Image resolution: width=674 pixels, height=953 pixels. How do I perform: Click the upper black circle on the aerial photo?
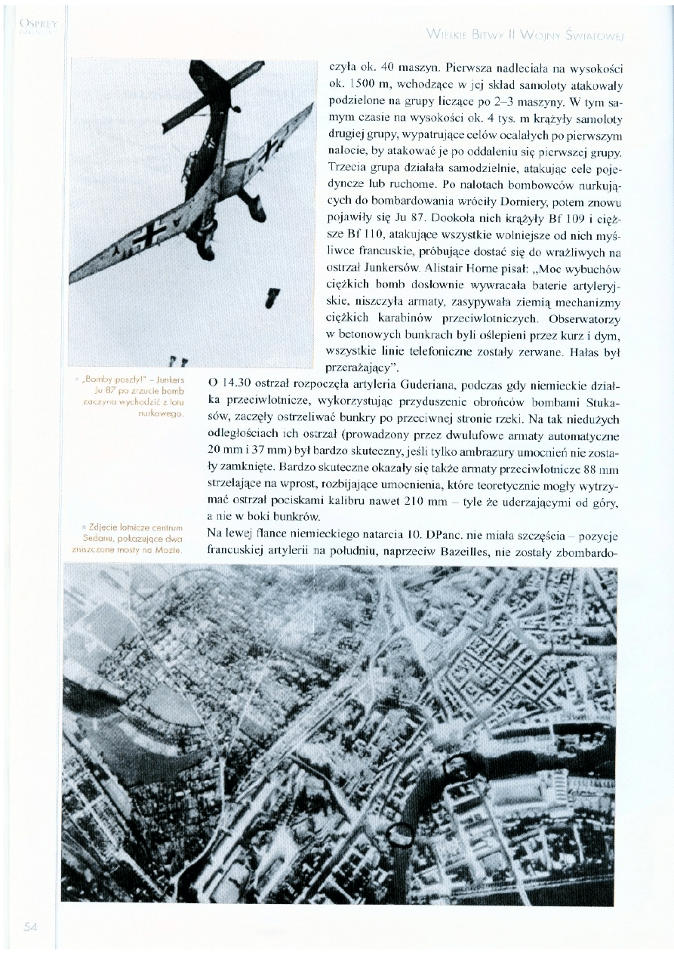[x=457, y=745]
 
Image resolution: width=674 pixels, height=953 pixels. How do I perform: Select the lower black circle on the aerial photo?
[x=401, y=833]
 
